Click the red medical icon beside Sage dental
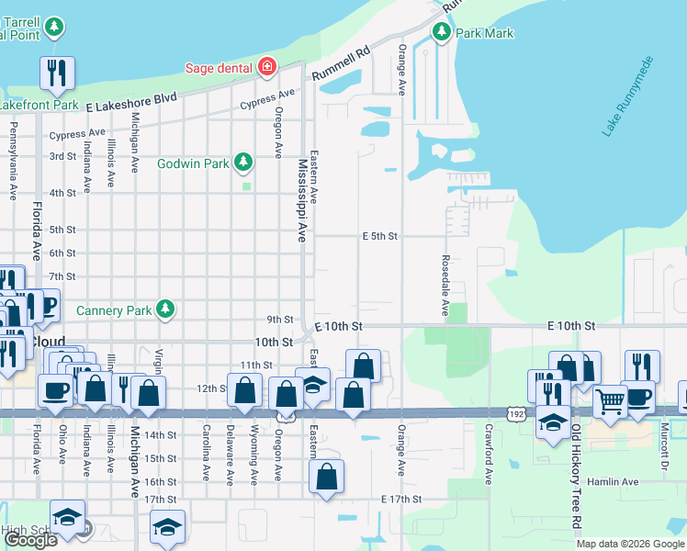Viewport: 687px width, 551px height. tap(266, 66)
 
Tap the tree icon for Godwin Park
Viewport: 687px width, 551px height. tap(243, 163)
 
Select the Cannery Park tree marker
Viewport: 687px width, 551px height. tap(165, 309)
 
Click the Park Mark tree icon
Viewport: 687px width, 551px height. tap(442, 33)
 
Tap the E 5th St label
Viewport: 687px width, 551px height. tap(379, 236)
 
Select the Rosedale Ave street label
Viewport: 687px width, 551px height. tap(445, 286)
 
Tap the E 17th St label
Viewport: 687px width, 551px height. tap(400, 499)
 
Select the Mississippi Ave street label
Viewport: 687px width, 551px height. tap(301, 200)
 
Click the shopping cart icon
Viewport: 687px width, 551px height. tap(609, 400)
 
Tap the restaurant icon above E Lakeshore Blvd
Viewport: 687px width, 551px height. tap(57, 73)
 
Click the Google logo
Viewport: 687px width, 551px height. tap(30, 540)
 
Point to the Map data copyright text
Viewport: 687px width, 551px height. tap(629, 544)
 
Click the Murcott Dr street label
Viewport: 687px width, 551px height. tap(662, 443)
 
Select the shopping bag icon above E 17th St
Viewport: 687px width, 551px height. tap(326, 477)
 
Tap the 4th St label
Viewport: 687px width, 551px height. tap(62, 193)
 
